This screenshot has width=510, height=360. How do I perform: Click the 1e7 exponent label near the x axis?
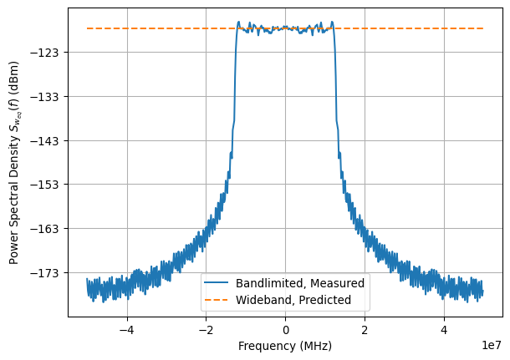(x=490, y=342)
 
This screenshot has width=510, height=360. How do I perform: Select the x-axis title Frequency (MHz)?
(x=285, y=346)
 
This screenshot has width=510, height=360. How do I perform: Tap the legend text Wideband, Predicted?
(x=293, y=299)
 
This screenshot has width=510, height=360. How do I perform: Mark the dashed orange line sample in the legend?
(x=217, y=299)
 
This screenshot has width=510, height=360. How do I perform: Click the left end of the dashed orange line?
(x=87, y=28)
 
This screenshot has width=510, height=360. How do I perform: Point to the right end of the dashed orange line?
(x=483, y=28)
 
